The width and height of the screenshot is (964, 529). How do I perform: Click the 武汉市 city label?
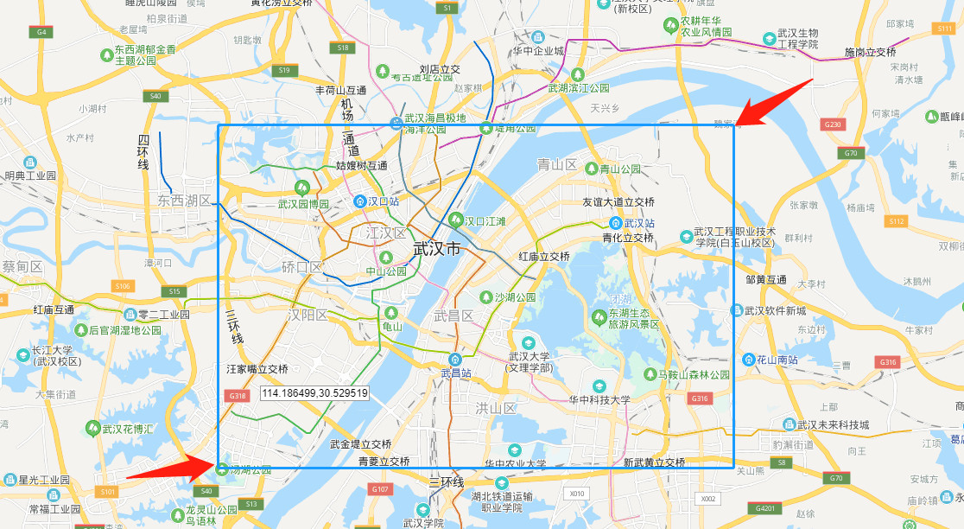[437, 249]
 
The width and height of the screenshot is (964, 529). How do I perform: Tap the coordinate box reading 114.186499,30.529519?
[314, 393]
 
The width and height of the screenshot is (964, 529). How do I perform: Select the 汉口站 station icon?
[360, 201]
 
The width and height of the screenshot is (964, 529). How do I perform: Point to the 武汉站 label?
[640, 223]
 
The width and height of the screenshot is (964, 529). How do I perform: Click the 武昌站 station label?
[455, 373]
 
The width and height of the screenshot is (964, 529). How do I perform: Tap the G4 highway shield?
[40, 31]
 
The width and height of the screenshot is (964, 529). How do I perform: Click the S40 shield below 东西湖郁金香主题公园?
[155, 96]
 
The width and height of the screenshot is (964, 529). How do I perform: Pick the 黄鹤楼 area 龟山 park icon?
[391, 313]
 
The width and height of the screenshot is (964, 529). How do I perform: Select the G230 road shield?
[833, 124]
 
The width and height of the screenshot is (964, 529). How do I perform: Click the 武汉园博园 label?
[303, 204]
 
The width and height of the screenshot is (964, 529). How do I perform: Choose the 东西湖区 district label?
[184, 201]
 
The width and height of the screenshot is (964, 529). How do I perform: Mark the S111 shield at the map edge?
[944, 29]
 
